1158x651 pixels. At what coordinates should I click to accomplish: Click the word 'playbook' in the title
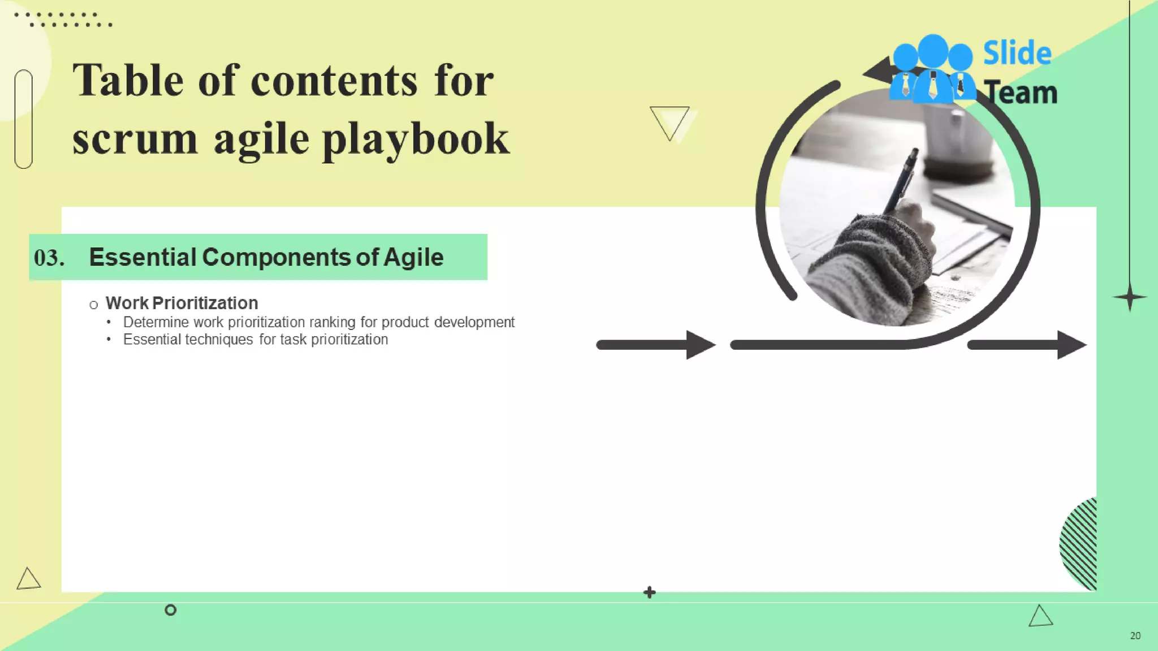pyautogui.click(x=416, y=140)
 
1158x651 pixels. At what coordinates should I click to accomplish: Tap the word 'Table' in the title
pyautogui.click(x=128, y=81)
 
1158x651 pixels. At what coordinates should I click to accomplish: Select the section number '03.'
pyautogui.click(x=49, y=258)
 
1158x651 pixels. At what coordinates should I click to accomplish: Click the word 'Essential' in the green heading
pyautogui.click(x=142, y=257)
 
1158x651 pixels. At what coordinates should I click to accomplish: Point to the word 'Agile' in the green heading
pyautogui.click(x=413, y=257)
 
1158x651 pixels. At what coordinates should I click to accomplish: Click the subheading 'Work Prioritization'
pyautogui.click(x=182, y=303)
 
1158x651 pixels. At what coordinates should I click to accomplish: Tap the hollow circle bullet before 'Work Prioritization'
pyautogui.click(x=94, y=305)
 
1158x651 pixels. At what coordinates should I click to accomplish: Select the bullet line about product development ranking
pyautogui.click(x=318, y=322)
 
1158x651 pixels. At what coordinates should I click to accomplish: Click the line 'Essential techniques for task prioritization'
pyautogui.click(x=256, y=340)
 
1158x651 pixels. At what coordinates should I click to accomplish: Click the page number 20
pyautogui.click(x=1135, y=636)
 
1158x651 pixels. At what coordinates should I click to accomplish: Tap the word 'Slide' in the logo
pyautogui.click(x=1017, y=53)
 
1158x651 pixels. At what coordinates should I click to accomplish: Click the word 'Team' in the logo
pyautogui.click(x=1021, y=93)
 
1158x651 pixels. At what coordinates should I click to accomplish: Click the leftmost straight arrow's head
pyautogui.click(x=700, y=345)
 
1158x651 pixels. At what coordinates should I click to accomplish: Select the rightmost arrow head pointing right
pyautogui.click(x=1070, y=345)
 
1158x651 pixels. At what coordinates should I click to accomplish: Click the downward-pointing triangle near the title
pyautogui.click(x=670, y=120)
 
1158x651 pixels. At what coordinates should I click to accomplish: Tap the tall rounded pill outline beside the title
pyautogui.click(x=24, y=119)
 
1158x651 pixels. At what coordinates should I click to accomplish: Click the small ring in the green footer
pyautogui.click(x=170, y=610)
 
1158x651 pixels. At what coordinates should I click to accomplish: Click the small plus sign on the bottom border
pyautogui.click(x=649, y=592)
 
